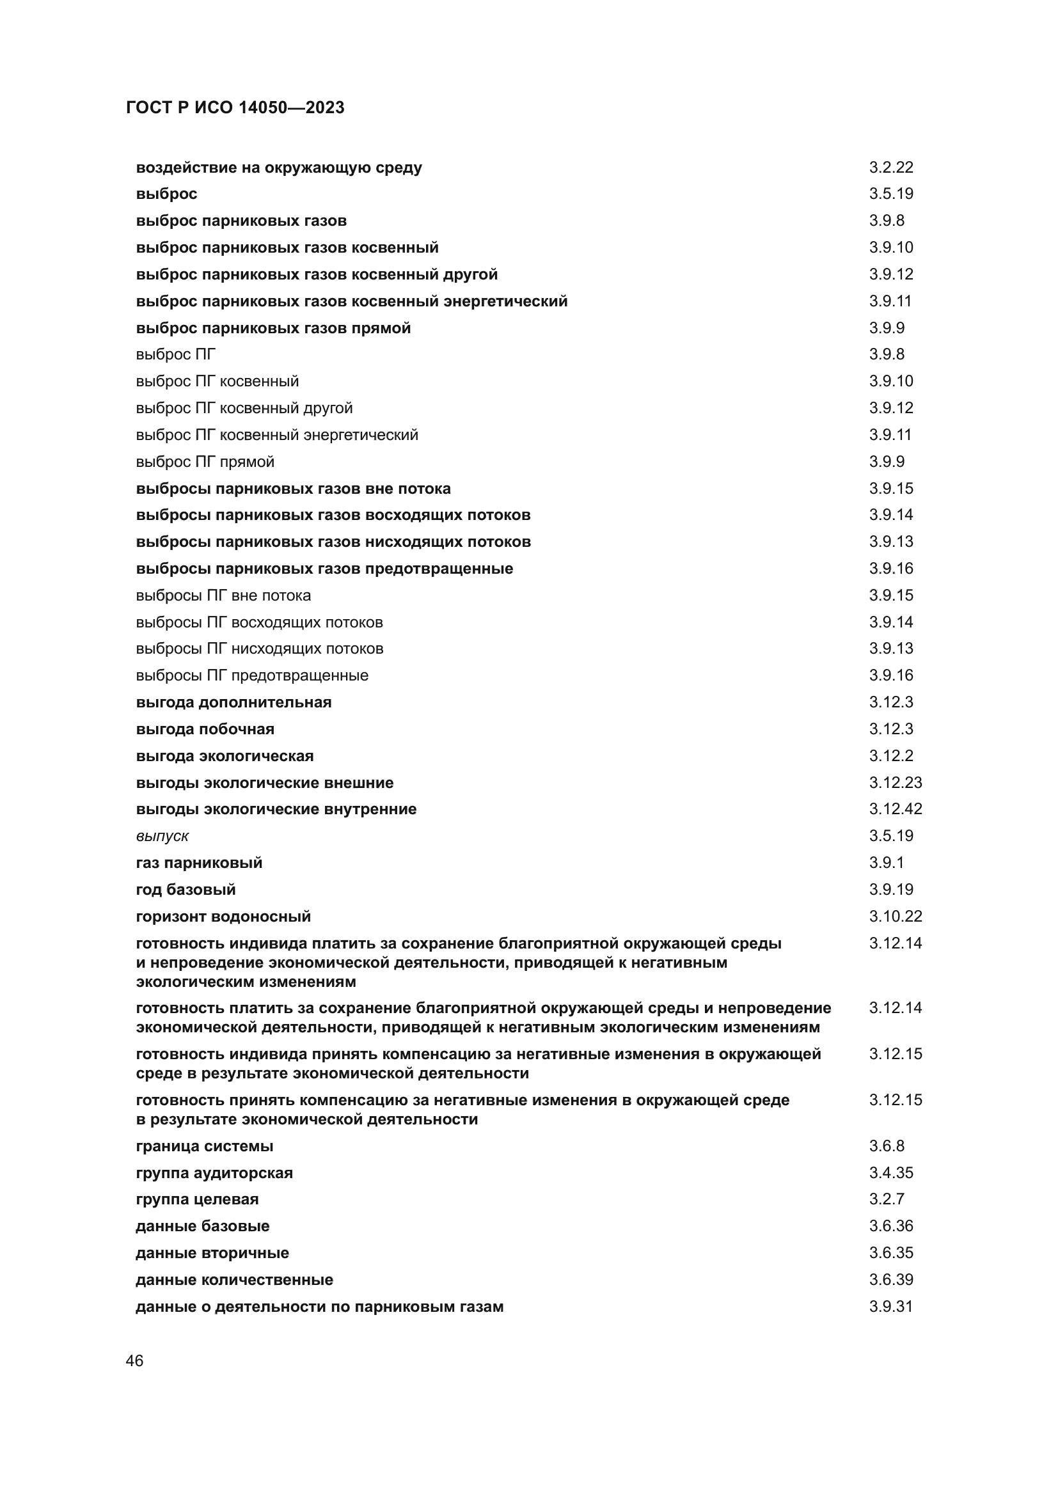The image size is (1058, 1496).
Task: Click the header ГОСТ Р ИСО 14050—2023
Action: (x=235, y=107)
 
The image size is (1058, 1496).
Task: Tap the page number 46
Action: (x=135, y=1360)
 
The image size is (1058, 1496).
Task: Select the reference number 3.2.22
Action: (x=890, y=168)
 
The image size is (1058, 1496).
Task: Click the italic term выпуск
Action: (x=162, y=836)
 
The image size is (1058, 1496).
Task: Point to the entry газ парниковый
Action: (x=199, y=863)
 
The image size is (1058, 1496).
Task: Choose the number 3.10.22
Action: (x=895, y=916)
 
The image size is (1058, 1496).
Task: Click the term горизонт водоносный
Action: (x=223, y=916)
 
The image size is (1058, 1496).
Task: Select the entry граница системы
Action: (x=205, y=1146)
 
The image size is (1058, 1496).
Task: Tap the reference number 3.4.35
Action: (x=890, y=1173)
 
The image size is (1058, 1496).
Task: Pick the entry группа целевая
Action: (x=197, y=1199)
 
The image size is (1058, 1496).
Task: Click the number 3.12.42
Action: (x=895, y=808)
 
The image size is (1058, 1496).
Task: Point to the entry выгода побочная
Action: (x=205, y=729)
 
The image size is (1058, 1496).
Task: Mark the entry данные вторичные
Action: (x=212, y=1253)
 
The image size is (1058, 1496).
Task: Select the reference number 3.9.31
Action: (x=890, y=1307)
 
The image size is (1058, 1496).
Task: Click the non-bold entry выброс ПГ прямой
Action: (x=205, y=462)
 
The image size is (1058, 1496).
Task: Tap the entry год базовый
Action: (x=186, y=890)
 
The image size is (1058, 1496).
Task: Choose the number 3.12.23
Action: (x=895, y=782)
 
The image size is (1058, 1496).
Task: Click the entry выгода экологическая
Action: (x=224, y=756)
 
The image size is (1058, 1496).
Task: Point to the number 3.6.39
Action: (x=890, y=1280)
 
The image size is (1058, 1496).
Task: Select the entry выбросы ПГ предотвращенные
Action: (x=251, y=675)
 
